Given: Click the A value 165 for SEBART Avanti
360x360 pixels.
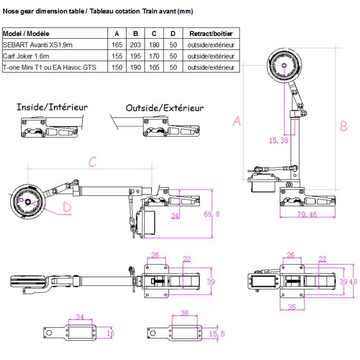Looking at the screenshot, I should tap(117, 45).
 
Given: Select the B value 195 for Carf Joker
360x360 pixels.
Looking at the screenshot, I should tap(136, 56).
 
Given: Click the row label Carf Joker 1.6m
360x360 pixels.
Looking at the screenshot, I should tap(26, 56).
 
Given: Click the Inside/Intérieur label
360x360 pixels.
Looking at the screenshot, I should tap(52, 107).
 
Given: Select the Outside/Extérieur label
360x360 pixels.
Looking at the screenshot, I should tap(165, 108).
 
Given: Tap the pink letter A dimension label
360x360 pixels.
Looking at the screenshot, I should tap(237, 121).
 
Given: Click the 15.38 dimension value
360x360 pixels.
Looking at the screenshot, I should tap(279, 140).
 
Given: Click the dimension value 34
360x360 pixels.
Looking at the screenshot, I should tap(79, 317).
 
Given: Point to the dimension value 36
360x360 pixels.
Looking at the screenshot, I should tap(185, 313).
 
